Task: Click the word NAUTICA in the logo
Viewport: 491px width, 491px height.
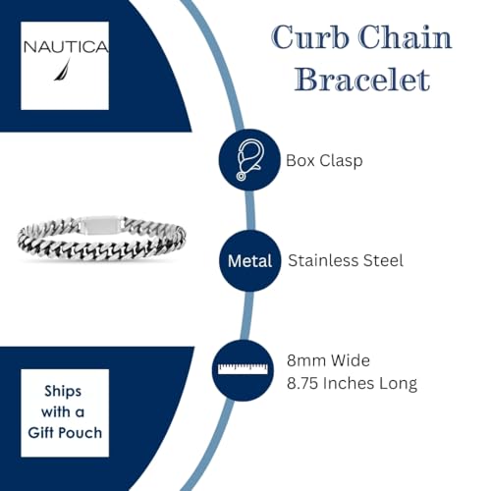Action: [66, 47]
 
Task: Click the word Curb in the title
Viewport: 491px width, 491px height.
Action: [309, 37]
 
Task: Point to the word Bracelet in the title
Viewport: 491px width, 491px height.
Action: [362, 80]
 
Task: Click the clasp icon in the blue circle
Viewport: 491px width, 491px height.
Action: [249, 160]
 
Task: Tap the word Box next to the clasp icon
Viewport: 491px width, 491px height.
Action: [300, 160]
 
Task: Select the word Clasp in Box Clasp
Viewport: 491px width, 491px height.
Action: [341, 161]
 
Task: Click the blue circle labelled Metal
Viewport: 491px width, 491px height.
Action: [250, 261]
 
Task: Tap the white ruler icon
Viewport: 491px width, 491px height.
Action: [243, 368]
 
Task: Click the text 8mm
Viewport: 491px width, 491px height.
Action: [306, 360]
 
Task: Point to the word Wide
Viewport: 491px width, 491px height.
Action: [351, 360]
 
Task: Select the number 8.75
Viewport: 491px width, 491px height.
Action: [302, 383]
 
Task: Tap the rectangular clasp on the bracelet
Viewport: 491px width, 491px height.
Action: [101, 225]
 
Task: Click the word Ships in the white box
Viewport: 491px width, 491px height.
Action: [63, 392]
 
